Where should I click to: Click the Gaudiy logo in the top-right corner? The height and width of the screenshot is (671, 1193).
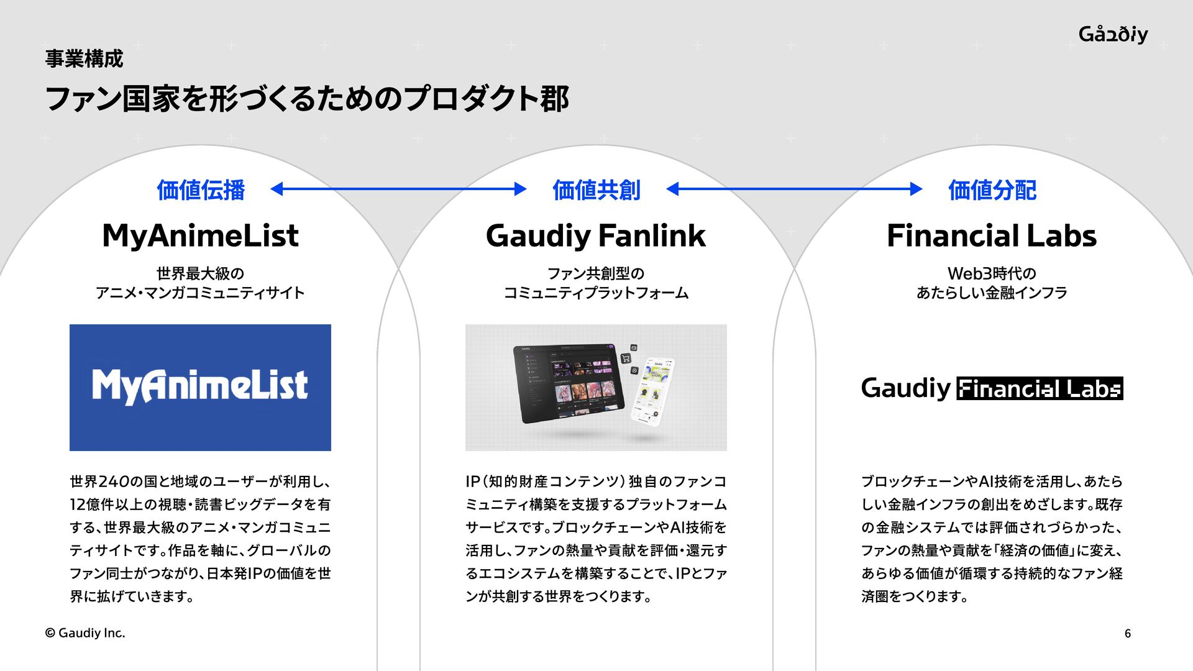pyautogui.click(x=1113, y=34)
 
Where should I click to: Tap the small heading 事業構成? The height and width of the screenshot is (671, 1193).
pyautogui.click(x=84, y=59)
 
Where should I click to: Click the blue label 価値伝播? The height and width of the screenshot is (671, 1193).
pyautogui.click(x=201, y=190)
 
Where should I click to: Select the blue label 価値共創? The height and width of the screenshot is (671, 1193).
pyautogui.click(x=596, y=190)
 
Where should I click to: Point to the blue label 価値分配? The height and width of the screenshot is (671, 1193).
pyautogui.click(x=992, y=190)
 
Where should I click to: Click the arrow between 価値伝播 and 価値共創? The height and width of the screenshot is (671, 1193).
pyautogui.click(x=398, y=189)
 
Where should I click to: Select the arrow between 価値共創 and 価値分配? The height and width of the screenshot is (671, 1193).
pyautogui.click(x=794, y=189)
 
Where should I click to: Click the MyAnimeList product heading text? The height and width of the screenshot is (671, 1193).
pyautogui.click(x=200, y=236)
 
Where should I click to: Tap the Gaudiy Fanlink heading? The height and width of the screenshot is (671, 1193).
pyautogui.click(x=596, y=236)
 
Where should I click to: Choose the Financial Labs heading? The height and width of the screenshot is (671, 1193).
pyautogui.click(x=992, y=236)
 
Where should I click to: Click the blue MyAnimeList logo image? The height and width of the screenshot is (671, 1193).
pyautogui.click(x=200, y=387)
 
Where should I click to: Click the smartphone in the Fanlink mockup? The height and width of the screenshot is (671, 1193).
pyautogui.click(x=652, y=391)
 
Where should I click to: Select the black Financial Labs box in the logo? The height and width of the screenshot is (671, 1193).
pyautogui.click(x=1040, y=388)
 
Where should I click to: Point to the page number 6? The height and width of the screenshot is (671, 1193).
pyautogui.click(x=1127, y=634)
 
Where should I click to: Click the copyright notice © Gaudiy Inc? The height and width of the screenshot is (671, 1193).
pyautogui.click(x=85, y=633)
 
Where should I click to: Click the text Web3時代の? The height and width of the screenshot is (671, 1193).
pyautogui.click(x=992, y=273)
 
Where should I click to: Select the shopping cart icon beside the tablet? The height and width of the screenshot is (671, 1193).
pyautogui.click(x=626, y=358)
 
